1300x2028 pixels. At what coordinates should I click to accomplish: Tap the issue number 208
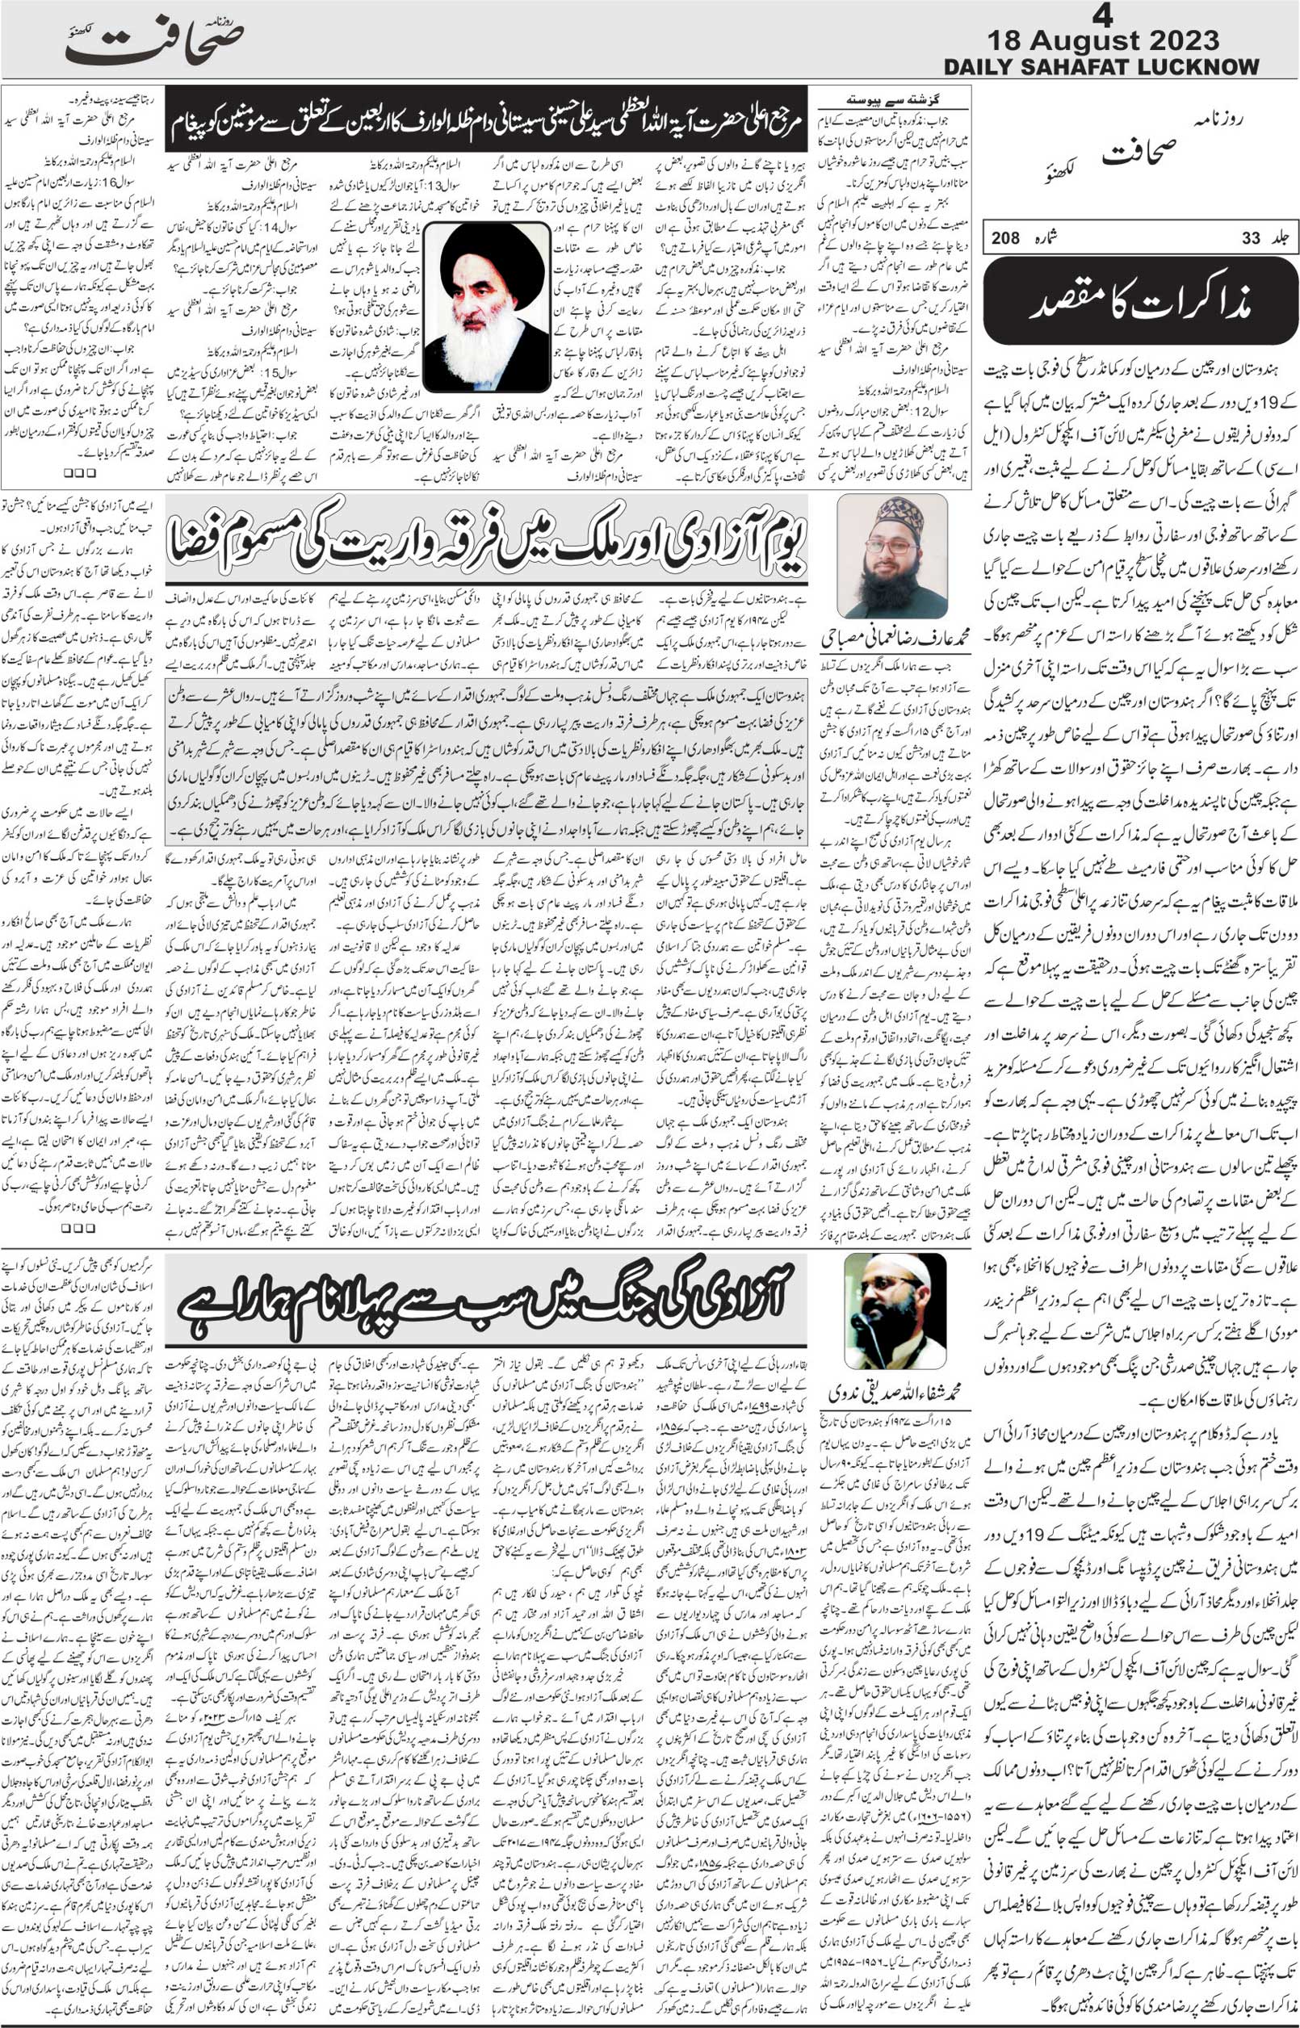tap(1005, 239)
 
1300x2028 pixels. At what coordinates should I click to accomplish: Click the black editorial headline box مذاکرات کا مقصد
tap(1140, 301)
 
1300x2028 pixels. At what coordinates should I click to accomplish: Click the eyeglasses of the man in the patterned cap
tap(891, 546)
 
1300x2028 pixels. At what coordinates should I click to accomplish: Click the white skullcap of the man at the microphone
tap(912, 1520)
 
